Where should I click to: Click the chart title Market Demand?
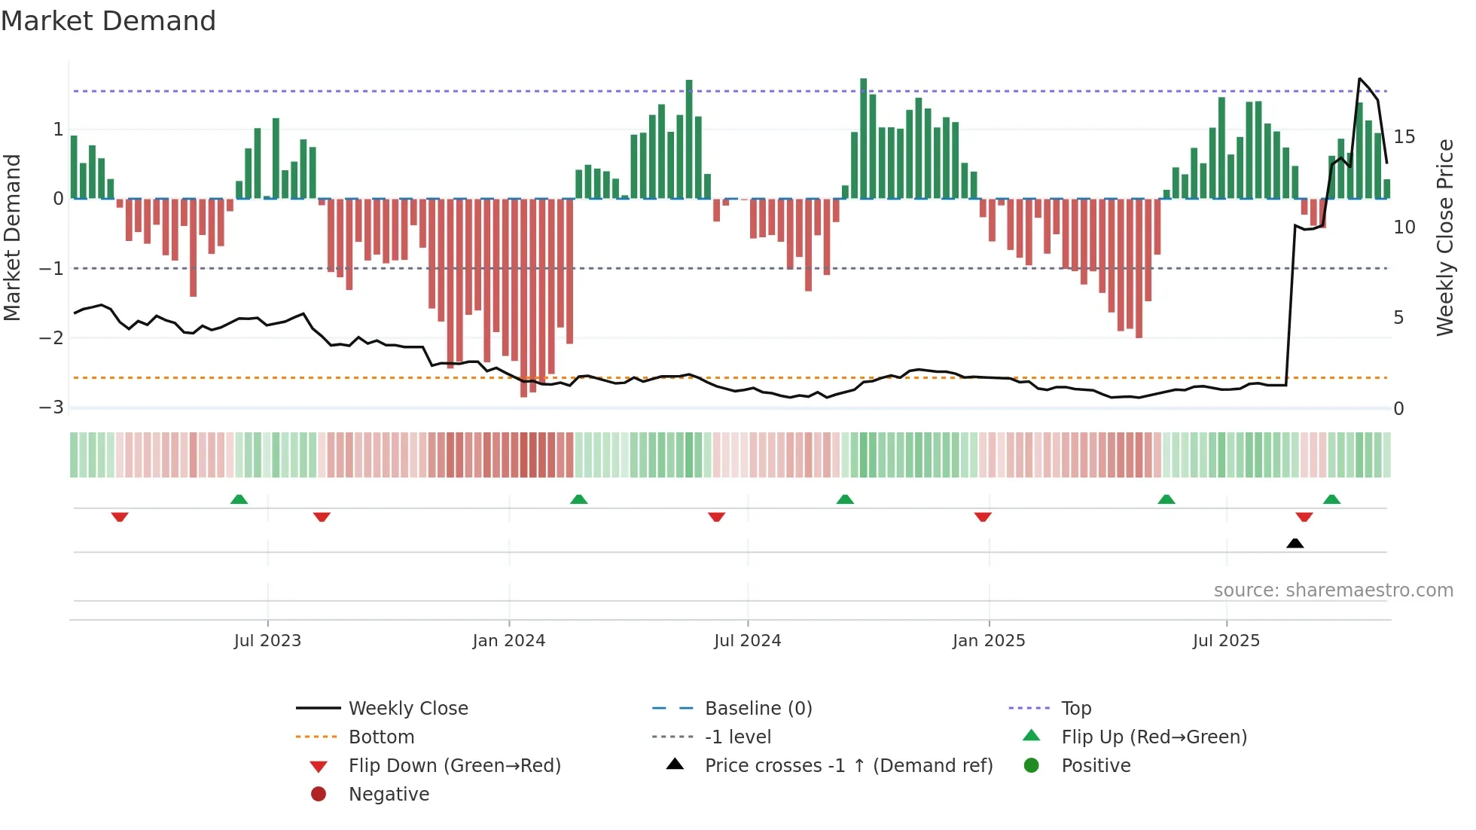(108, 21)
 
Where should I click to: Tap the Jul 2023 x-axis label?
(267, 641)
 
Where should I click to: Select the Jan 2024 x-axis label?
(509, 641)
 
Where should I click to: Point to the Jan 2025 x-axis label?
(989, 641)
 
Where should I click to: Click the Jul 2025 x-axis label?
(1226, 641)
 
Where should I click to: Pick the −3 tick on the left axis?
(52, 407)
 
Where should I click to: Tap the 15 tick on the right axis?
(1404, 137)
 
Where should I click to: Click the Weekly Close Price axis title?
(1444, 237)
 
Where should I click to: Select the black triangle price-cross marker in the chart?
(1295, 543)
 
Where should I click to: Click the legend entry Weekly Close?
(407, 709)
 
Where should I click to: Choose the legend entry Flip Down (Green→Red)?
(454, 766)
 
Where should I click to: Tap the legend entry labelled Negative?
(389, 795)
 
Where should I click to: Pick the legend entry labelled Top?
(1076, 709)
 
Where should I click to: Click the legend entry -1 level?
(737, 737)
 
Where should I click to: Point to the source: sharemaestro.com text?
(1333, 590)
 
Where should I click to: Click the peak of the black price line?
(1360, 78)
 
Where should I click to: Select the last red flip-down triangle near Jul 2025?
(1304, 517)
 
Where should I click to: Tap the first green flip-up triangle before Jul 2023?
(239, 499)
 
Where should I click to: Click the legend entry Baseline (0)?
(758, 709)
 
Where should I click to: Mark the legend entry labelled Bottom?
(381, 737)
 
